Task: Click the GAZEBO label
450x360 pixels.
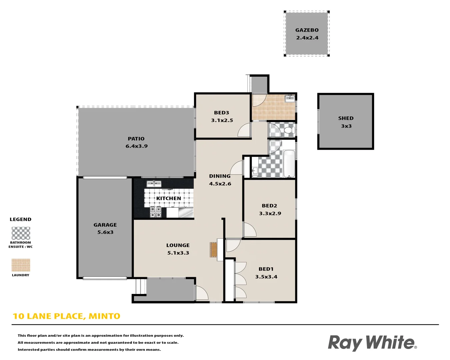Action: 307,30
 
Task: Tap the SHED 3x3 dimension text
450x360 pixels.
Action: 346,126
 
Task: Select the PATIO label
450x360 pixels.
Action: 136,139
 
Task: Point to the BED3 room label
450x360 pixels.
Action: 221,113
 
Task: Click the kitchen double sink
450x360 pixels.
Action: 154,184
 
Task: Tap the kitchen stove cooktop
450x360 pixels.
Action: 155,212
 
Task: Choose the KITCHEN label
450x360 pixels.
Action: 169,198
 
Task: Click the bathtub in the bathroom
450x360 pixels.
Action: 289,164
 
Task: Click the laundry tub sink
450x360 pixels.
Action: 289,98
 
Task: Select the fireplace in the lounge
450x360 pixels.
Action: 213,249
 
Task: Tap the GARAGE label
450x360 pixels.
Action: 105,225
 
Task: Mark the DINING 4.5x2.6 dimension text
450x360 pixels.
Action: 220,184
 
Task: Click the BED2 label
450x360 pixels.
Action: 269,206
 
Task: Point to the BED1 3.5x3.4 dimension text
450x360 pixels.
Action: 266,277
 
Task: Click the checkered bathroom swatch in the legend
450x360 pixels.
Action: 21,233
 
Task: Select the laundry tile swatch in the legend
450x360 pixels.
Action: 21,265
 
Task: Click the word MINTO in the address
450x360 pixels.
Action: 104,316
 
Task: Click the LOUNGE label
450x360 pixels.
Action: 178,245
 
